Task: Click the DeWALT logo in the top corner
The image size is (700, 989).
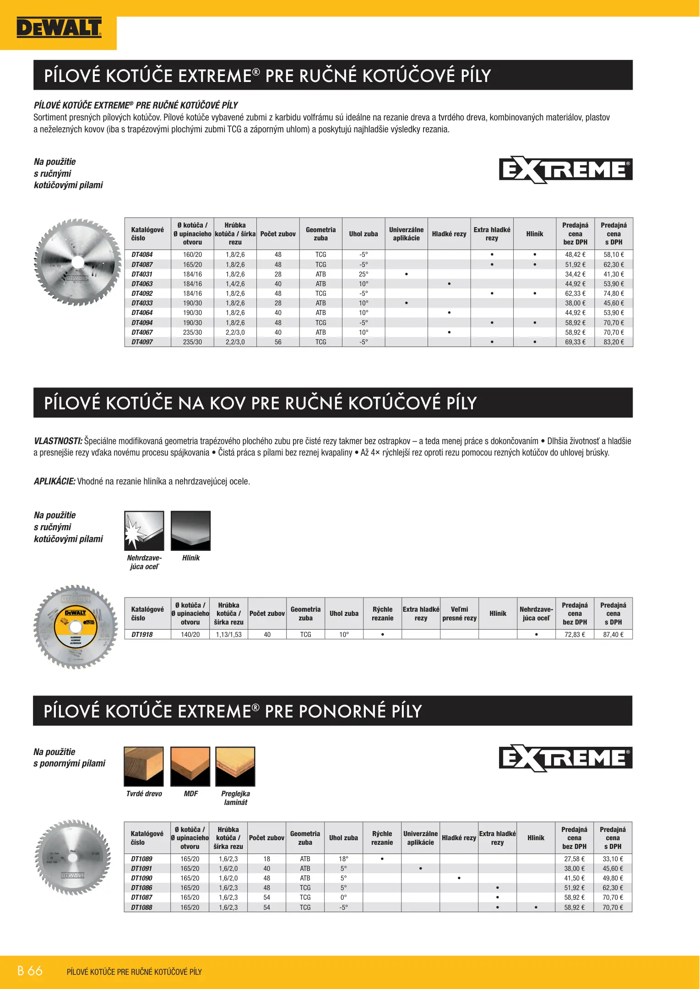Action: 59,28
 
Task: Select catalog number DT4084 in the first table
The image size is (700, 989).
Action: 142,255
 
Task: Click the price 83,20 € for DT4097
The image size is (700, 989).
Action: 613,342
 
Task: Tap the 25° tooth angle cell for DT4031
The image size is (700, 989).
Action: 364,274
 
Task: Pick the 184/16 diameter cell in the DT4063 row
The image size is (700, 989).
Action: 192,284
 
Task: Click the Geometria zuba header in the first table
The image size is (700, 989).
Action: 320,234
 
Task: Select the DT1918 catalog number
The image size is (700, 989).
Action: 142,635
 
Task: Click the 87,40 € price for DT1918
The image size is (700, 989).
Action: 613,635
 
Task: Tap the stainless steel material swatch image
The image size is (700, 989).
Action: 144,531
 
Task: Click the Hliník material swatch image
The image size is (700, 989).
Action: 190,531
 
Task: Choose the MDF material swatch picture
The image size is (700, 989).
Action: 190,766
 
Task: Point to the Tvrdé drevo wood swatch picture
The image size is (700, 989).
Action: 144,766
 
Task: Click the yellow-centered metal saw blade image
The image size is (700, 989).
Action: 76,627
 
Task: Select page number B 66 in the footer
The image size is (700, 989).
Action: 30,971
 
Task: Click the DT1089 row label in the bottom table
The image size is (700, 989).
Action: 141,859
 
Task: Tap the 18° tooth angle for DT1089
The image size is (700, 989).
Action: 343,859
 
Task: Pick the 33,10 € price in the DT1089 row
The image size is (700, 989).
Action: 613,859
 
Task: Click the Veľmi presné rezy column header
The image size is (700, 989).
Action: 459,614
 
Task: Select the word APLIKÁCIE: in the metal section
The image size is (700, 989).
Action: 54,481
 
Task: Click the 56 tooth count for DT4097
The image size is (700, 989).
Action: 278,342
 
